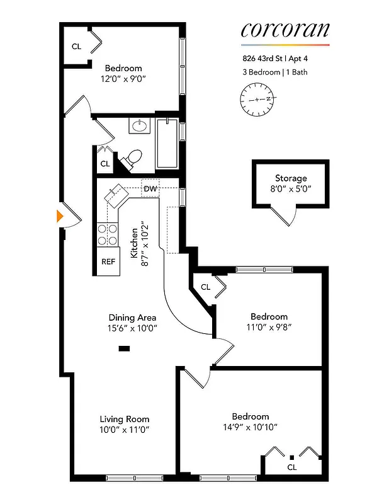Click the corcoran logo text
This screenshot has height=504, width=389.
(285, 30)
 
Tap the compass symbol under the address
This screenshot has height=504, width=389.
(258, 100)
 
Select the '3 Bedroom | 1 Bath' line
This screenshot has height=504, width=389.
(274, 72)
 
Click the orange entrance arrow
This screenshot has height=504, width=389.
(60, 215)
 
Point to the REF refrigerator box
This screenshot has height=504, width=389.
(108, 261)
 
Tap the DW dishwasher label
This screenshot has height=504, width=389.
(150, 188)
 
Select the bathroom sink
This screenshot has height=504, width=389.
(139, 126)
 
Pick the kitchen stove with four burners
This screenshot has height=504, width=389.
(108, 234)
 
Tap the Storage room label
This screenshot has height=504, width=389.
(290, 178)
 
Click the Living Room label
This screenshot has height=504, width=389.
(124, 419)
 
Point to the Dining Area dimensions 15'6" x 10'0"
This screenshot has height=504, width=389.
(132, 328)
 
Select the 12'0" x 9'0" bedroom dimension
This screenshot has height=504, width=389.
(123, 79)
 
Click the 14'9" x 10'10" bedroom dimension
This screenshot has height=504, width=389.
(250, 427)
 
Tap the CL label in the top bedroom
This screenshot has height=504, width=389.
(76, 46)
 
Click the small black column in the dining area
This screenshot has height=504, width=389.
(124, 348)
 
